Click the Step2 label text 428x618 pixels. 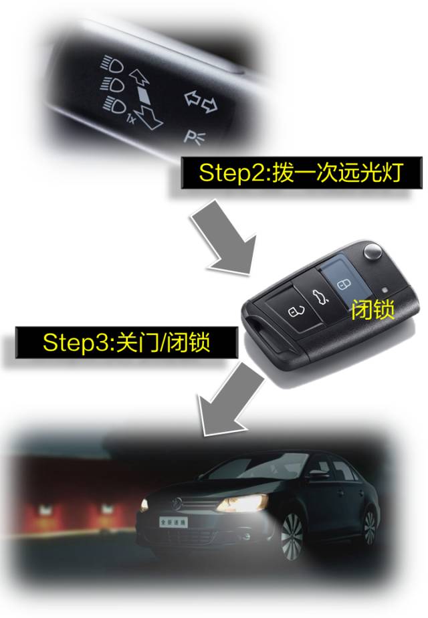pos(300,173)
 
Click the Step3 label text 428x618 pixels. pos(126,342)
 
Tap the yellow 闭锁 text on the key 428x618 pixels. pos(372,310)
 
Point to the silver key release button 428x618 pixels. pos(372,251)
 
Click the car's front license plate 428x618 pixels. pos(173,522)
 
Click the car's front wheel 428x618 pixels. pos(292,535)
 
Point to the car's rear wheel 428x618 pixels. pos(369,527)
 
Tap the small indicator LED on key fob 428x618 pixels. pos(385,290)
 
